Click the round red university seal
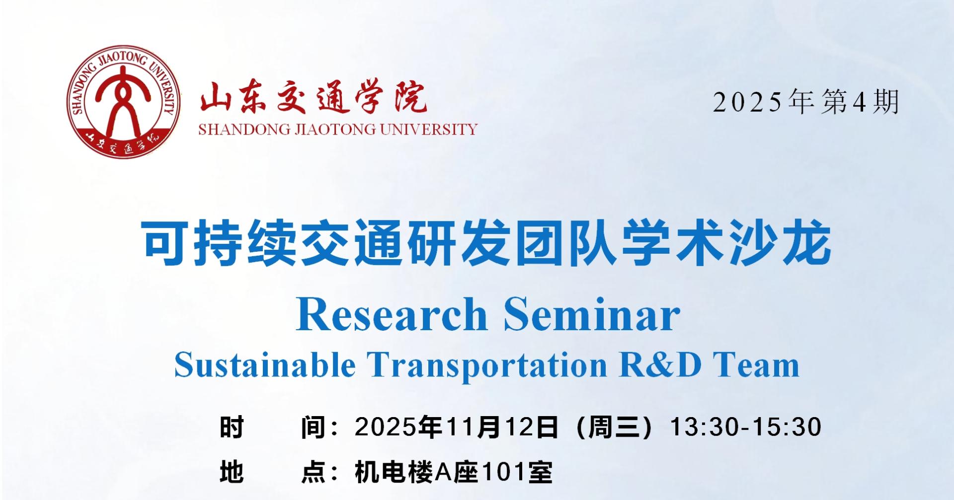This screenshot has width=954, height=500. [x=124, y=103]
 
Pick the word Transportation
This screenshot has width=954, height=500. [x=487, y=365]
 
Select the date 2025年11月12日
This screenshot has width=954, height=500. [x=456, y=427]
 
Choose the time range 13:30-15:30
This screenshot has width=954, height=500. [x=746, y=427]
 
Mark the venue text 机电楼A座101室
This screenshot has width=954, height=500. [x=454, y=472]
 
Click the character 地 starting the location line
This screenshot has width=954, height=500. [x=232, y=472]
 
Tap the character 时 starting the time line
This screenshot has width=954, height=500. [x=232, y=428]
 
